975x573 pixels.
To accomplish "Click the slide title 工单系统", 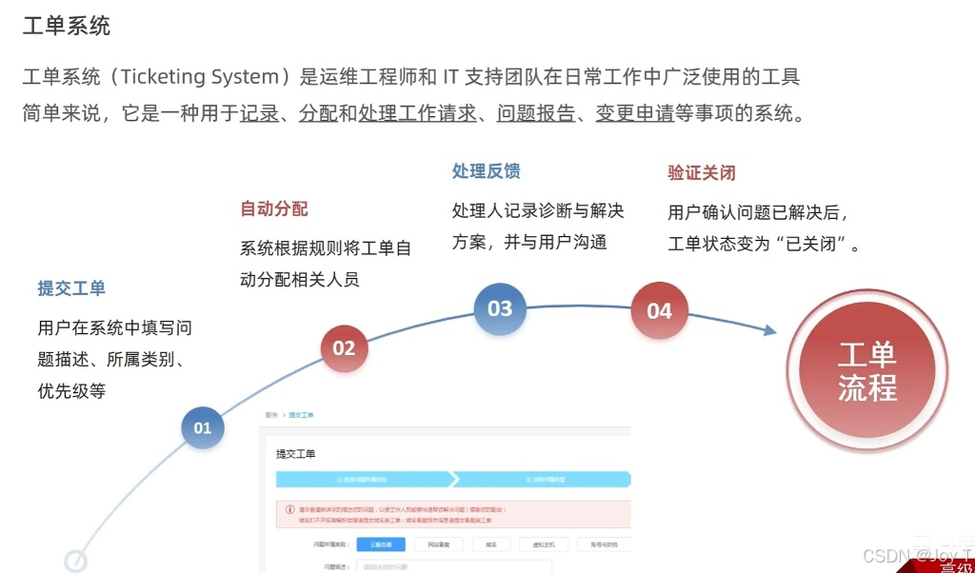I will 67,26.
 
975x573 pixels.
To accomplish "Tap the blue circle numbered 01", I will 203,427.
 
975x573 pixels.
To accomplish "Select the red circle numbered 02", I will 344,348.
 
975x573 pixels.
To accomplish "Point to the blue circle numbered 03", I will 500,308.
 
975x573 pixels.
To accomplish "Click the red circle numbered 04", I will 659,310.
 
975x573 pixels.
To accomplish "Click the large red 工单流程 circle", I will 866,371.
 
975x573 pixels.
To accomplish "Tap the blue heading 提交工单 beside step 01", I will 71,288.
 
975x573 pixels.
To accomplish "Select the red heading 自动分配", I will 274,208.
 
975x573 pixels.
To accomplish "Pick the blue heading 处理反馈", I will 486,171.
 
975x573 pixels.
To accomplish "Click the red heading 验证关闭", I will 702,173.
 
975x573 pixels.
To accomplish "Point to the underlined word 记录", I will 259,113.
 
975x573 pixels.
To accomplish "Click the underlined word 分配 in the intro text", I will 318,113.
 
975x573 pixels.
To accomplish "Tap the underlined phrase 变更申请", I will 635,113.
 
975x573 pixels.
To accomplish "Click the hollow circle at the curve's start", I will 75,561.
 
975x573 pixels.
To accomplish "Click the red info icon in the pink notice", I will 289,509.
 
